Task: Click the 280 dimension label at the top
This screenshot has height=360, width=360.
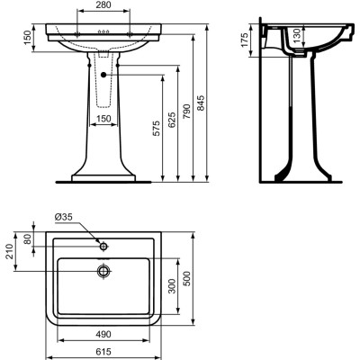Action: click(x=103, y=4)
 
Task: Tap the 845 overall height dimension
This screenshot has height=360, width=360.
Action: click(x=201, y=103)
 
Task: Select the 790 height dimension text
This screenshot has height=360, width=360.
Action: click(x=186, y=112)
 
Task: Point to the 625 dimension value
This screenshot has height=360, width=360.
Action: click(x=172, y=120)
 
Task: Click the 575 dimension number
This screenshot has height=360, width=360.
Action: click(x=157, y=129)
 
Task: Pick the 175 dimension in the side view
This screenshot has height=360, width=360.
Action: click(x=245, y=40)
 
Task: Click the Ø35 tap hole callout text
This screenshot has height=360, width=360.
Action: click(x=64, y=217)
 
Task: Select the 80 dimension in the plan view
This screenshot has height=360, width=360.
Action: click(x=27, y=239)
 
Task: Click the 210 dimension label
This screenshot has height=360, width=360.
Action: click(x=9, y=252)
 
